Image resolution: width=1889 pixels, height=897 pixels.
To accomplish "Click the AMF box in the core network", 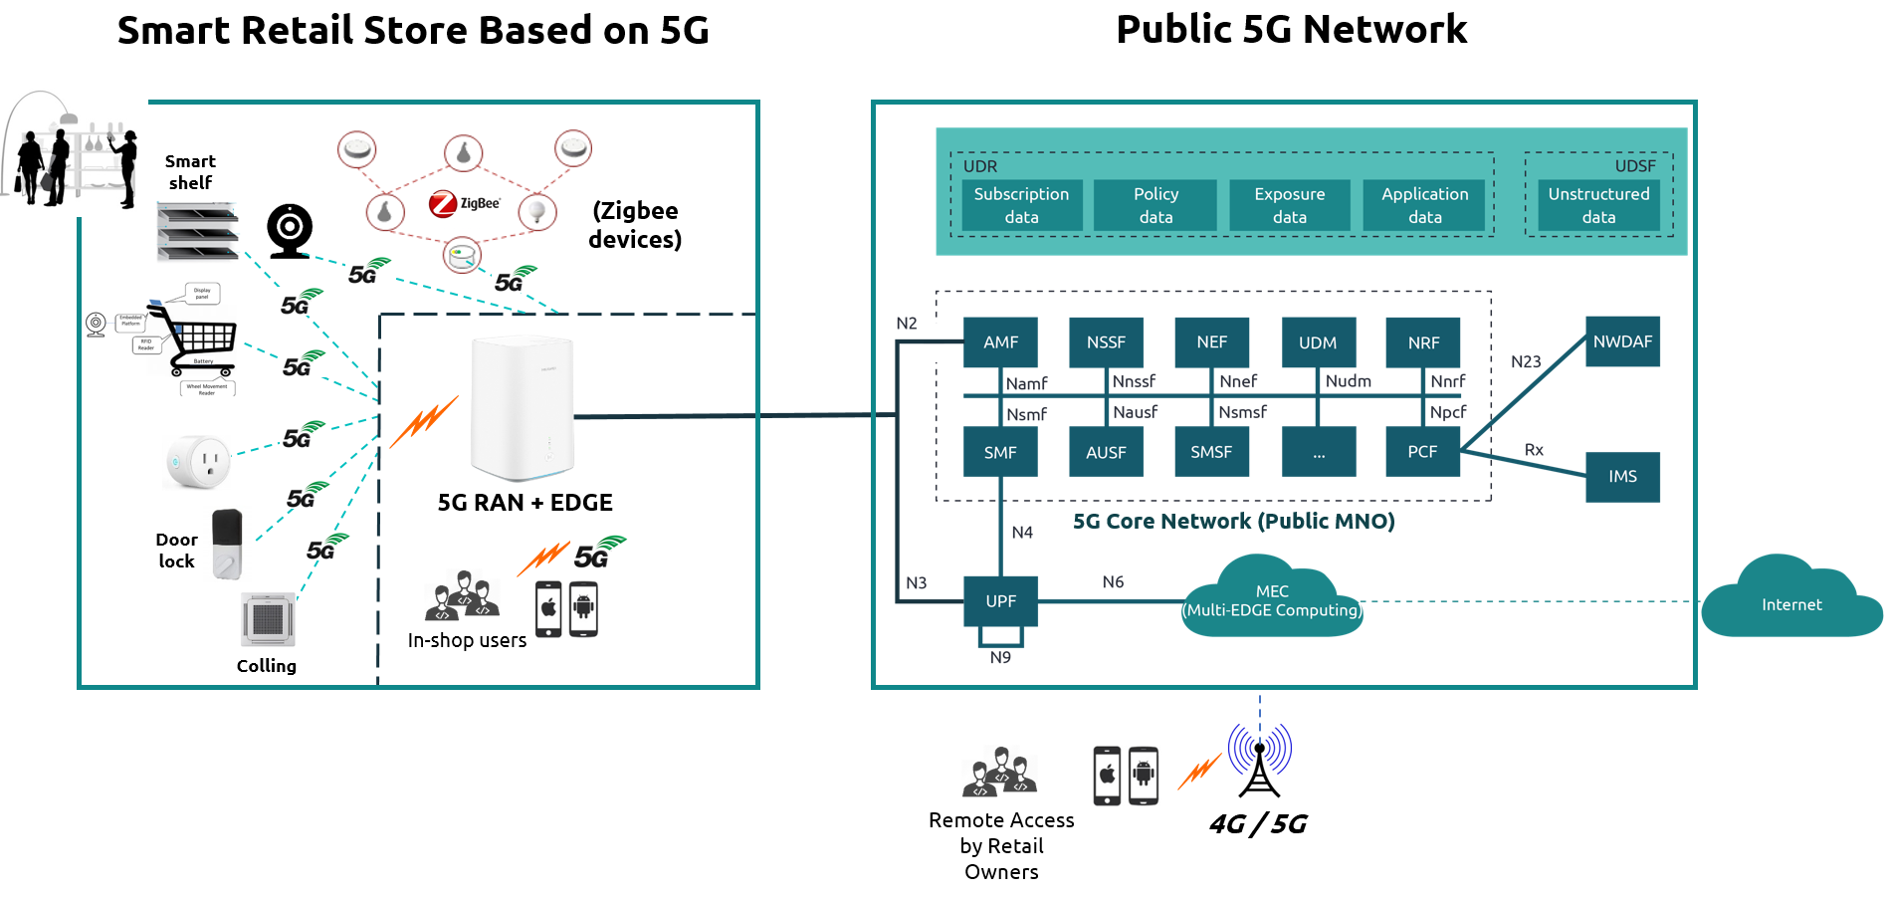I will tap(1000, 342).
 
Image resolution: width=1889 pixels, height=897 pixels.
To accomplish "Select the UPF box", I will tap(1000, 601).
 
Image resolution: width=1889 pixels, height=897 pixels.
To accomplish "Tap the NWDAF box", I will tap(1622, 341).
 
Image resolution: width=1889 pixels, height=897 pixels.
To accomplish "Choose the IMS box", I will tap(1622, 477).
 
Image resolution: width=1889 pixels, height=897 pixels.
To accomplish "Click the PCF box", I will tap(1422, 452).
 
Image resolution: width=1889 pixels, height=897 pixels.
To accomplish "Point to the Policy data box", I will tap(1155, 205).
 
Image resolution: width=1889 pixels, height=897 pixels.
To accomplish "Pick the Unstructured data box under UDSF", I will tap(1598, 205).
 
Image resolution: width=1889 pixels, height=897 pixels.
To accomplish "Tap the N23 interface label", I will tap(1526, 361).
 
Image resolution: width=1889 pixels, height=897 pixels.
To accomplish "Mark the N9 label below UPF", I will tap(1000, 658).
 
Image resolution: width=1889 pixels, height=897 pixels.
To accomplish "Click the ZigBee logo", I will tap(464, 204).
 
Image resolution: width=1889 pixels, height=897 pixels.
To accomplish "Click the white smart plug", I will tap(199, 462).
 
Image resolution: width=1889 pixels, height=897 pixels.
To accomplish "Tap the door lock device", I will tap(228, 544).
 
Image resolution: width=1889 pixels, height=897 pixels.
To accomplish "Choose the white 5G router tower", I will tap(523, 408).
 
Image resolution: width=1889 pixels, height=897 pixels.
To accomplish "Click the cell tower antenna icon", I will tap(1259, 762).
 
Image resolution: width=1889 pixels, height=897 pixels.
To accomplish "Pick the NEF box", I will tap(1211, 342).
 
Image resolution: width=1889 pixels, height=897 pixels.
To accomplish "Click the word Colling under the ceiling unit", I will tap(266, 666).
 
